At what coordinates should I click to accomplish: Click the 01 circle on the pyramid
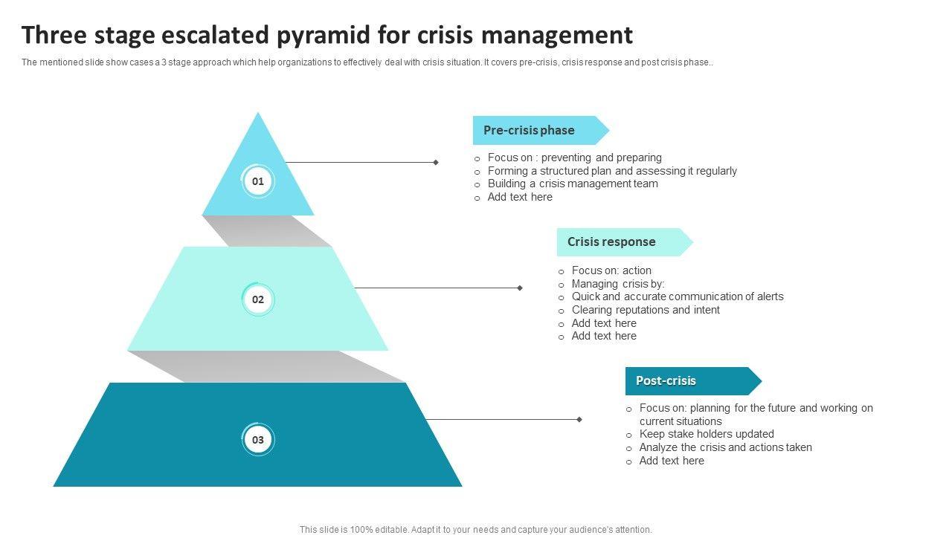(258, 181)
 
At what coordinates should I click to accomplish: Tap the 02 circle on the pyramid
(258, 300)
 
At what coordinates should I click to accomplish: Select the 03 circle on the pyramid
(258, 440)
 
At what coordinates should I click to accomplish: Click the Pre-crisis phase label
(529, 131)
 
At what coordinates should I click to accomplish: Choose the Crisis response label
(611, 242)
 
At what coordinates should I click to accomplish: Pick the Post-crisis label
(666, 381)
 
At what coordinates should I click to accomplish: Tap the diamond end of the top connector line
(436, 162)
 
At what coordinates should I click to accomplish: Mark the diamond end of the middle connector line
(520, 288)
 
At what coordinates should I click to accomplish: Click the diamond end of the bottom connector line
(579, 420)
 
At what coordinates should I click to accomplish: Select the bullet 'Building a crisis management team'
(573, 184)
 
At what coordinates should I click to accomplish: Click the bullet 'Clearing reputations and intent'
(646, 310)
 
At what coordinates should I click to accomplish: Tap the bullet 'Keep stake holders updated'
(707, 434)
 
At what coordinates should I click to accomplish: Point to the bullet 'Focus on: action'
(611, 270)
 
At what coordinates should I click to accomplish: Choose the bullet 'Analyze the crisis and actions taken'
(725, 447)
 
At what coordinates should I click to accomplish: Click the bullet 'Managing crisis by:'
(618, 284)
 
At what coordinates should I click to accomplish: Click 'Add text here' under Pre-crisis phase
(520, 197)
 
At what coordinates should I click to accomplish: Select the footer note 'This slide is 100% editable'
(475, 530)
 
